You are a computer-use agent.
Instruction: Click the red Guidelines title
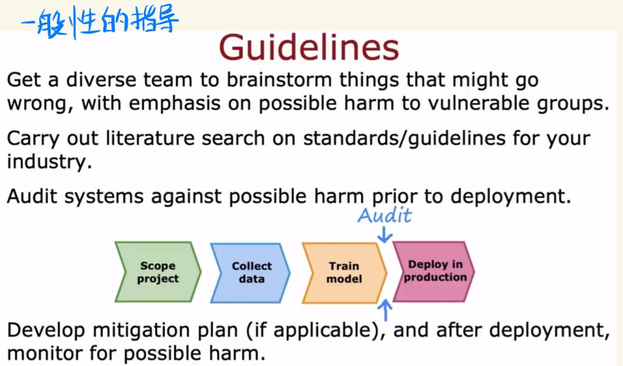click(x=308, y=48)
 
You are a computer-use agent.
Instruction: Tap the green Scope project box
click(x=158, y=272)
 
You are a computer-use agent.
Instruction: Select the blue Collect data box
click(x=250, y=273)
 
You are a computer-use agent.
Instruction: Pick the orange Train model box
click(x=344, y=273)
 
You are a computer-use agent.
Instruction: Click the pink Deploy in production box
click(x=433, y=272)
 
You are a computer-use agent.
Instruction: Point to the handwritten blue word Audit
click(x=385, y=215)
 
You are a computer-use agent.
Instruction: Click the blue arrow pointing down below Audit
click(x=385, y=234)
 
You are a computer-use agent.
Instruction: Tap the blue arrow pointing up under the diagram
click(x=385, y=310)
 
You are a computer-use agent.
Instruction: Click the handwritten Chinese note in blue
click(x=99, y=22)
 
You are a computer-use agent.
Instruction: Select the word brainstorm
click(x=279, y=80)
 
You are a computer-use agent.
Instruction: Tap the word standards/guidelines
click(x=405, y=139)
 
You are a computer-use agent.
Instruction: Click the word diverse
click(x=101, y=80)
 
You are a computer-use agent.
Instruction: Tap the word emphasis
click(x=175, y=104)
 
